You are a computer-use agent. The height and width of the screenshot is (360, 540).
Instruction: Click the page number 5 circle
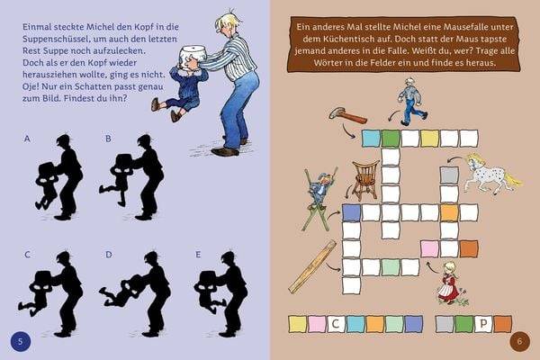coord(21,339)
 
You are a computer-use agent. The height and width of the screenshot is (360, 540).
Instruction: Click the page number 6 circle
coord(519,340)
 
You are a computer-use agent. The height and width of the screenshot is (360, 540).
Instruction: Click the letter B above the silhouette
coord(108,139)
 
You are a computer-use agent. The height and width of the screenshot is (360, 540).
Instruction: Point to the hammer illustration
coord(346,113)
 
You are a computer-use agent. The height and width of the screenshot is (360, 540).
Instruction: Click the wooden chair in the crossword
coord(364,179)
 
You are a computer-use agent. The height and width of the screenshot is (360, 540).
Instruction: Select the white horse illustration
coord(491,172)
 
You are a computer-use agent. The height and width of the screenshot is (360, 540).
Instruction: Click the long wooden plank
coord(311,266)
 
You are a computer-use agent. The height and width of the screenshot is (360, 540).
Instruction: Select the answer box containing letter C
coord(337,322)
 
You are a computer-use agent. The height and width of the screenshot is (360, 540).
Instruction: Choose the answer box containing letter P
coord(482,322)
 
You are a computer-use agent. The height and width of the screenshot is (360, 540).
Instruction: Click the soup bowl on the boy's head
coord(191,57)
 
